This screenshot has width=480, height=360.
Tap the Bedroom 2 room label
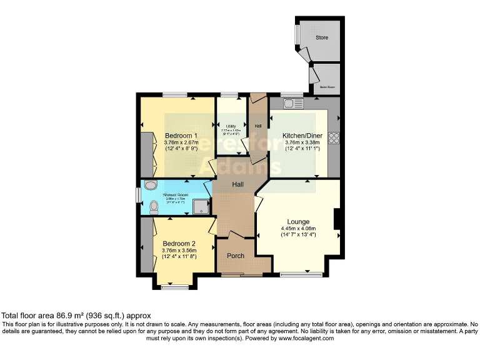point(179,244)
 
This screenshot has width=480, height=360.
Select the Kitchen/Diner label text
point(302,136)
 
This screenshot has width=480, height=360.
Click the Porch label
point(236,256)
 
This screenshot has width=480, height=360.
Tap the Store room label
point(322,38)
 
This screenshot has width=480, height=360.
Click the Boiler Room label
point(327,87)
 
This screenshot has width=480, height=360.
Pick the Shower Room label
point(176,195)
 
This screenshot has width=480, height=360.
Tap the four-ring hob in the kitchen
point(334,137)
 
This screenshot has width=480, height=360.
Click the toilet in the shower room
point(150,206)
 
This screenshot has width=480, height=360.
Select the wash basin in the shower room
point(150,185)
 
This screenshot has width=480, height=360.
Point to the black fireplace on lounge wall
point(337,219)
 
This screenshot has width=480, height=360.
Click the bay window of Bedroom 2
point(174,286)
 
